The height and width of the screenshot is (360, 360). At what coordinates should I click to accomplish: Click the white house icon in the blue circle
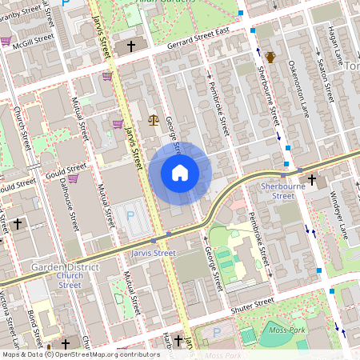[x=180, y=172]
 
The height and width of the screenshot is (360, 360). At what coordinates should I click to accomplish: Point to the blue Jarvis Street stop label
[x=152, y=253]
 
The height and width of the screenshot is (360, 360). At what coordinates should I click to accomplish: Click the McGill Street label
[x=33, y=38]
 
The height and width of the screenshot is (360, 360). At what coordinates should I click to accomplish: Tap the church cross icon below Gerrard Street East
[x=131, y=46]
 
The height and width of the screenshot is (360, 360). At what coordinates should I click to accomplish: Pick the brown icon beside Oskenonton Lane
[x=270, y=57]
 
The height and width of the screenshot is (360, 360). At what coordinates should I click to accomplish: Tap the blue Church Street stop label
[x=70, y=280]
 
